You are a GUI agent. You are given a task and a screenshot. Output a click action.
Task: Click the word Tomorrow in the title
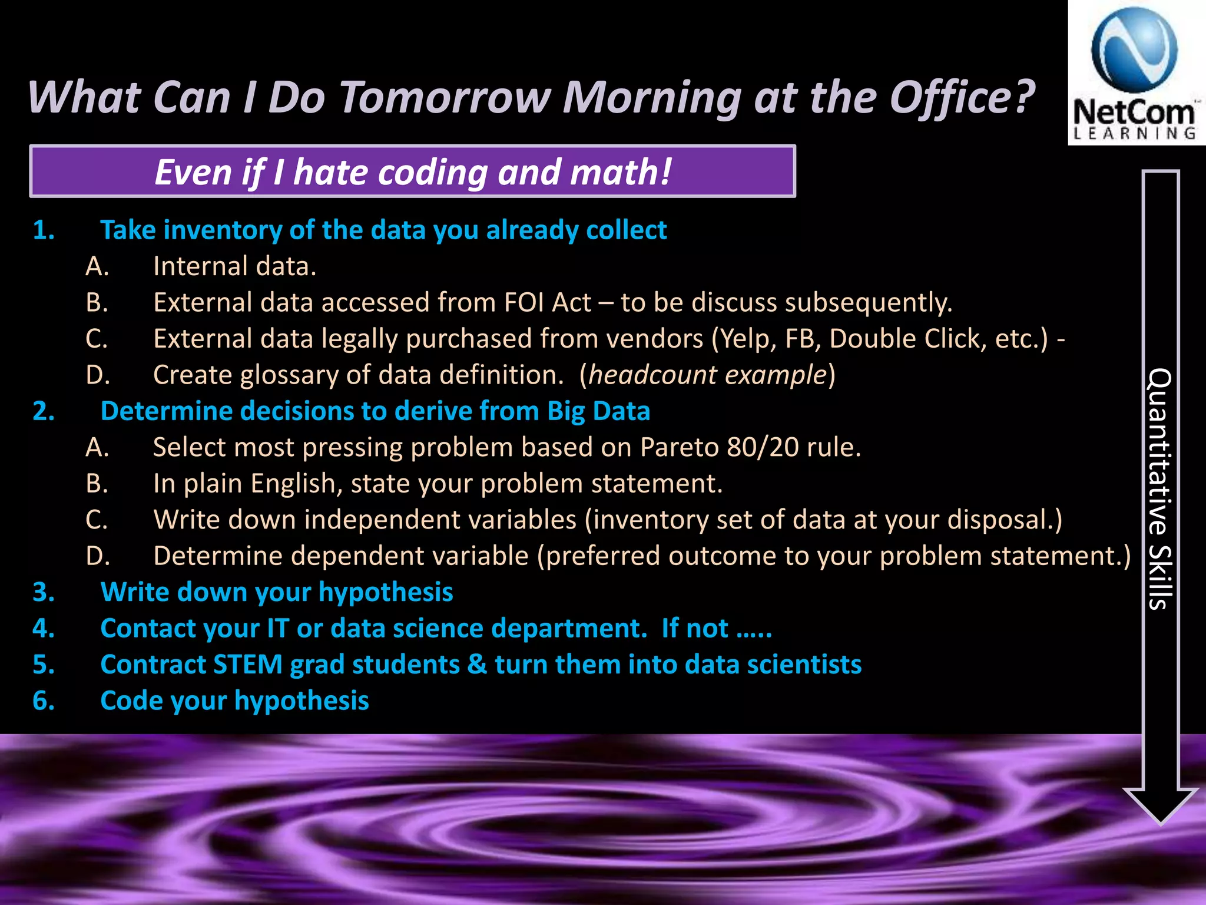[445, 97]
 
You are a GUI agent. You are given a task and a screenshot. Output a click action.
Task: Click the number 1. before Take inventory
[44, 230]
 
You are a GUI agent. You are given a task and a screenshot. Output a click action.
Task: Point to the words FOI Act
[547, 302]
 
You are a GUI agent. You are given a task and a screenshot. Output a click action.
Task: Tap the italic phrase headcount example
[707, 375]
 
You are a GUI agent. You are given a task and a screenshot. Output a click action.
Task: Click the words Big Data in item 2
[598, 411]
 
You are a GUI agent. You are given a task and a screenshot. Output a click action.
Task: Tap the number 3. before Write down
[44, 592]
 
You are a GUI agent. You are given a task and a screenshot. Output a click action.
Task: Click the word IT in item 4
[278, 628]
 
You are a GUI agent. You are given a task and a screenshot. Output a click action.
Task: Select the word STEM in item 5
[247, 665]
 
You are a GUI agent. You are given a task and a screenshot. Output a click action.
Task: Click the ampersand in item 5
[477, 665]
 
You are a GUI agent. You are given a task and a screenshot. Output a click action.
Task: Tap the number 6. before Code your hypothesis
[44, 701]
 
